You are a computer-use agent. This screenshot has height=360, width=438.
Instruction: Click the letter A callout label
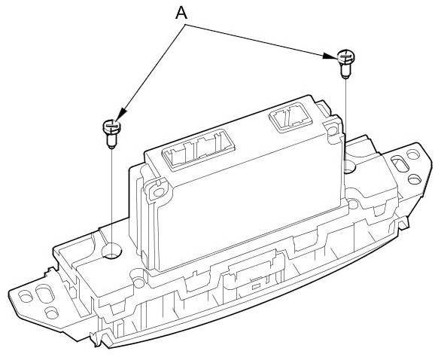(x=181, y=13)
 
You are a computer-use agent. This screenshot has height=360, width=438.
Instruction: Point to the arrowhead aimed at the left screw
(x=120, y=116)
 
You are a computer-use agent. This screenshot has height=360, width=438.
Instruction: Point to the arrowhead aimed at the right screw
(x=329, y=56)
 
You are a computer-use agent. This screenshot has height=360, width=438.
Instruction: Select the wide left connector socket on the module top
(x=198, y=149)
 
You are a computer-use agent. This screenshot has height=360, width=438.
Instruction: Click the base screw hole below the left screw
(x=111, y=251)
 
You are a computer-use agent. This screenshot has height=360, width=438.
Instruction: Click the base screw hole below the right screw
(x=348, y=166)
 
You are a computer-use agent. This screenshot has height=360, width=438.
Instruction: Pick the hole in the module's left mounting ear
(x=159, y=192)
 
